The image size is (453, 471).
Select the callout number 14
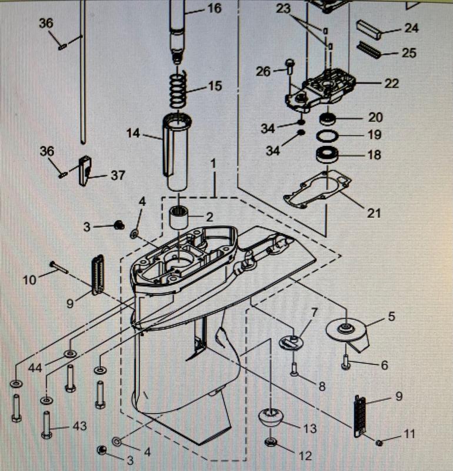tap(134, 134)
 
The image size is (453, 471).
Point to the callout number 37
tap(118, 175)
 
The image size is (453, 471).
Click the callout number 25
tap(409, 53)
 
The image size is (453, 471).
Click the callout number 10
tap(29, 280)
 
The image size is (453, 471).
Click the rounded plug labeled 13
tap(271, 418)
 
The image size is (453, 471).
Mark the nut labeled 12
tap(271, 442)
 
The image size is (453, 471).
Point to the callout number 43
tap(79, 425)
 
